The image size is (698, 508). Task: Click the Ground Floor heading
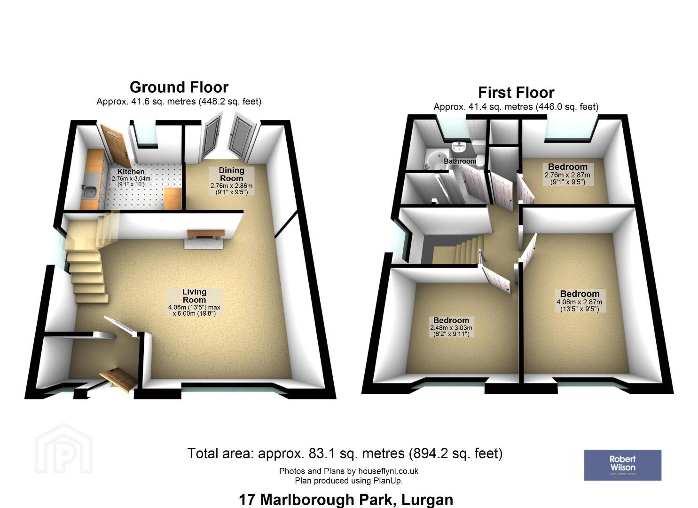click(179, 87)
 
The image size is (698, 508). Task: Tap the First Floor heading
click(517, 93)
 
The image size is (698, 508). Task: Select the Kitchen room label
click(131, 172)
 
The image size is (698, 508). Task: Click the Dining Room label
click(231, 175)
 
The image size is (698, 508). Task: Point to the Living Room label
click(194, 296)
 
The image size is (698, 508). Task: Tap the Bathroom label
click(460, 161)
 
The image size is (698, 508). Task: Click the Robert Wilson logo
click(623, 465)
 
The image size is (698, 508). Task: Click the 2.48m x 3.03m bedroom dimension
click(451, 328)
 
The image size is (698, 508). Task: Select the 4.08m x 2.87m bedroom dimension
click(579, 302)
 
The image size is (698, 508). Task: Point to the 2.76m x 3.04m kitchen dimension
click(131, 179)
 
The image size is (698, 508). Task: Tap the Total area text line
click(345, 453)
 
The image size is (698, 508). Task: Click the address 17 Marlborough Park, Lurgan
click(346, 500)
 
